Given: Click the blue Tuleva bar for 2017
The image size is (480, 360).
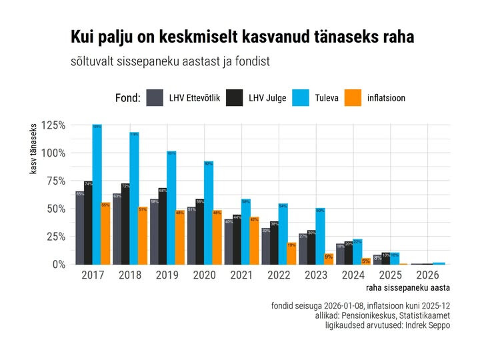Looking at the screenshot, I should pos(97,193).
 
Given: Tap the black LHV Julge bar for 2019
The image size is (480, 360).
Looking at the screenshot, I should pos(163,226).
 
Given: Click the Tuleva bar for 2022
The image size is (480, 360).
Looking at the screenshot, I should pos(283,233).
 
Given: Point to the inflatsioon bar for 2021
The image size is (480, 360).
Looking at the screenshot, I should pos(255,240).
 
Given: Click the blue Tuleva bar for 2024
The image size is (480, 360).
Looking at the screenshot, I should pos(358,251).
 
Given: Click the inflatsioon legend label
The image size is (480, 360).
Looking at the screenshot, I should pos(386,98).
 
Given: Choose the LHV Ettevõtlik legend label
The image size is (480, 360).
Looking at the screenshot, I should pos(195,98).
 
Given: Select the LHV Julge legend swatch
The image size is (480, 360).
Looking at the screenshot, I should pos(235,98).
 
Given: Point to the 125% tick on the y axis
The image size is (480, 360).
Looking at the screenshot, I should pos(53,125).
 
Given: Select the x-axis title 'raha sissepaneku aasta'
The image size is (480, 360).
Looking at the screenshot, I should pos(407,288).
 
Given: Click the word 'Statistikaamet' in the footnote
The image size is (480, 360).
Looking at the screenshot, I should pos(422,315).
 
